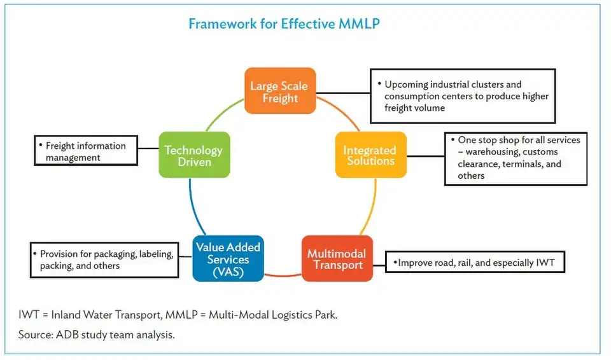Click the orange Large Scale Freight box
[280, 91]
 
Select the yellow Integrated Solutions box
[370, 155]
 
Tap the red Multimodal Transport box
[337, 259]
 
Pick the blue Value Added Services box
[228, 259]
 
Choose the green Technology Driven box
[193, 155]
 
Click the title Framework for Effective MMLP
[284, 24]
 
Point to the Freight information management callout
[85, 151]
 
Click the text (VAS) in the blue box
[228, 272]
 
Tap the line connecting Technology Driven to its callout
[148, 149]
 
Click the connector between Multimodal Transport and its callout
[379, 260]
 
